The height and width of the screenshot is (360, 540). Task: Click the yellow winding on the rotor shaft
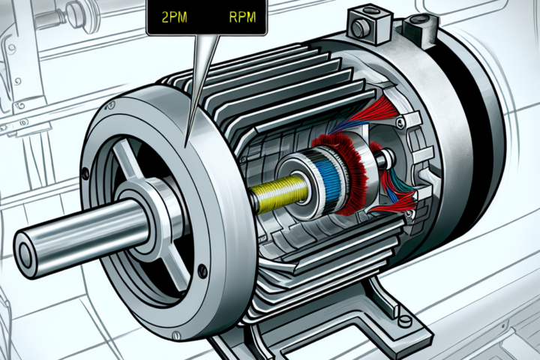[281, 192]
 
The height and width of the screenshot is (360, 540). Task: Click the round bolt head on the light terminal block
[358, 27]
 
